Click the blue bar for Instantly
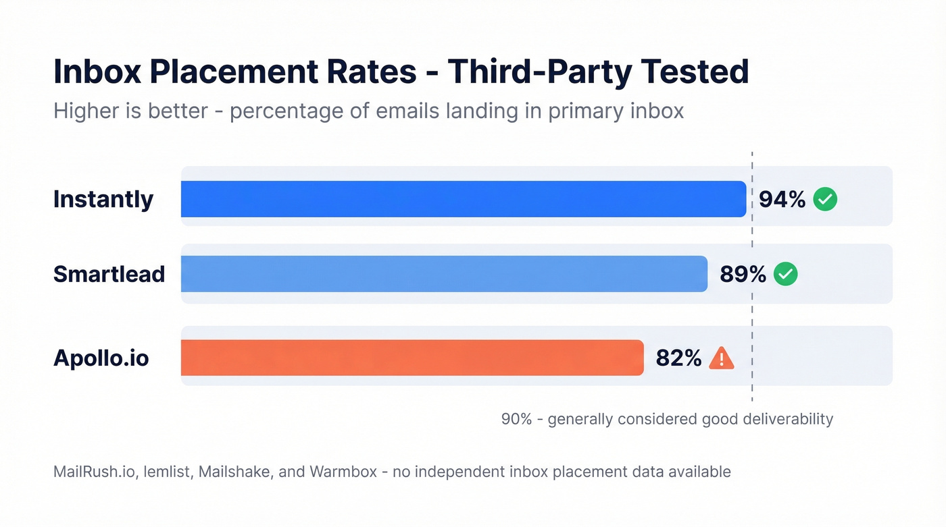point(463,199)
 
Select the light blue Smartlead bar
point(444,274)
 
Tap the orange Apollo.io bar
point(412,358)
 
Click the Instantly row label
point(103,199)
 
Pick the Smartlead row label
point(109,274)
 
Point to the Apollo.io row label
point(101,358)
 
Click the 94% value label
point(782,199)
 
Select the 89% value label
point(743,274)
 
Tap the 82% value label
point(678,358)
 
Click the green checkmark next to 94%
point(825,199)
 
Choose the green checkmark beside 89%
point(785,274)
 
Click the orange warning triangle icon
point(722,358)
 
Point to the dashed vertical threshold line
point(752,310)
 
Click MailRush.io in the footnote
point(86,472)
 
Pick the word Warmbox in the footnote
point(343,472)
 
